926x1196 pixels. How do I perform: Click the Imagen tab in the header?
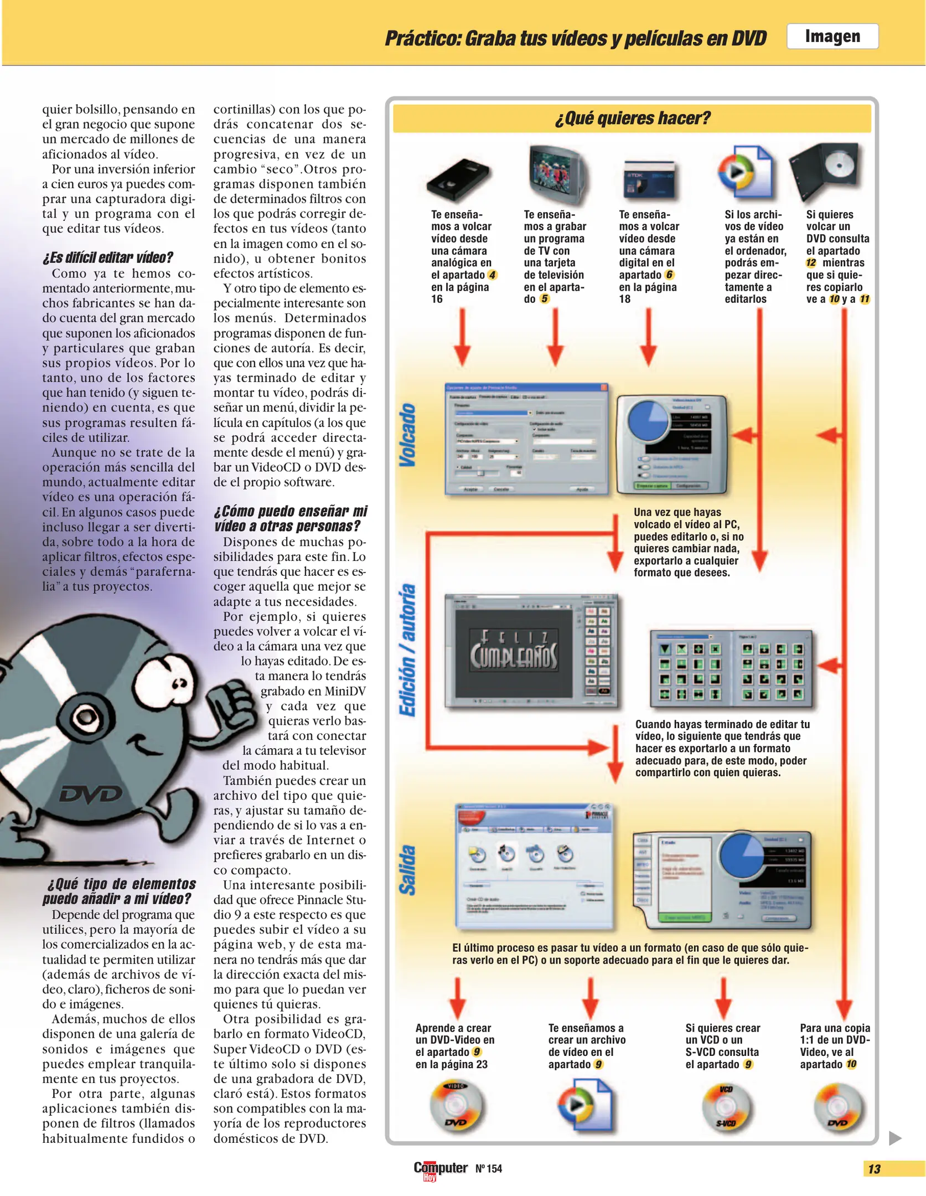pos(832,37)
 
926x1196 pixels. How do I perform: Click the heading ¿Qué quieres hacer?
pos(632,118)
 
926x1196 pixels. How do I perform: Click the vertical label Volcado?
pos(408,435)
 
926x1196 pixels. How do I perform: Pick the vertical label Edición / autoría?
pos(408,650)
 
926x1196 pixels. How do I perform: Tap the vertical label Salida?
pos(408,870)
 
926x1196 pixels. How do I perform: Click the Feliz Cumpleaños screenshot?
pos(531,651)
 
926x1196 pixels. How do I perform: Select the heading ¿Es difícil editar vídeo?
pos(108,257)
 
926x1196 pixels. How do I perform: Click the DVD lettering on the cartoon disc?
pos(91,795)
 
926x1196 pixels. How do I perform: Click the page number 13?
pos(874,1169)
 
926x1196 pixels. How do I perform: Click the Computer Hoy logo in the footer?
pos(440,1169)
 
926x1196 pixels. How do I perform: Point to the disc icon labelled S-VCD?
pos(726,1107)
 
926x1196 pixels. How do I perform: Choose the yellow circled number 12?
pos(811,263)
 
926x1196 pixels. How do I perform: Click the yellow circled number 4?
pos(492,275)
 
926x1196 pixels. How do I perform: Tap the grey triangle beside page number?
pos(894,1138)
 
